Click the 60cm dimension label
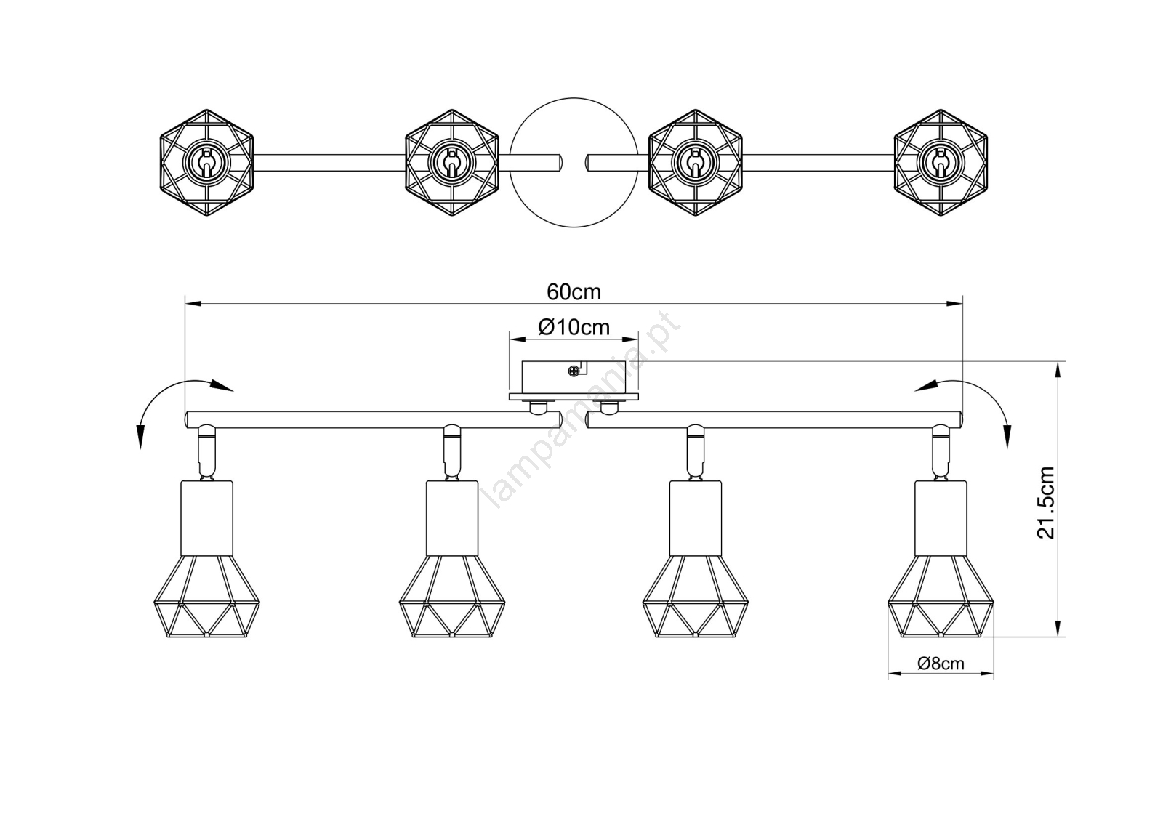574,292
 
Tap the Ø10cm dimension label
574,328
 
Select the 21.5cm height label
1045,501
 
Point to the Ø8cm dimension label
941,664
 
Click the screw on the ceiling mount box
575,371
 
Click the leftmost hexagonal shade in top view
206,162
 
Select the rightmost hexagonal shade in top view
941,162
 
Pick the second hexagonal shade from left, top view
451,162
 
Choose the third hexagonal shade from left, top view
695,162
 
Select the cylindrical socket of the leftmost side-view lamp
206,518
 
